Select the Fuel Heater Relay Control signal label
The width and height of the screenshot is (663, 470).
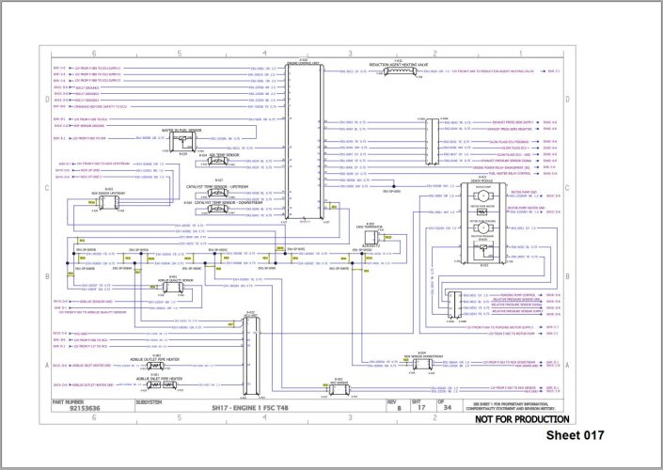(512, 173)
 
